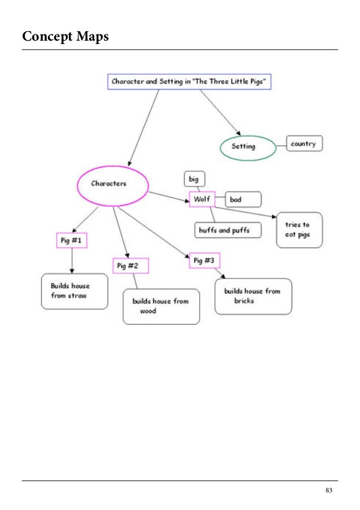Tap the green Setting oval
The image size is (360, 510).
(x=247, y=146)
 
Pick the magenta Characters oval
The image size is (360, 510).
(x=112, y=184)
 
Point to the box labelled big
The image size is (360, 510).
(x=194, y=180)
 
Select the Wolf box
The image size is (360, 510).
(x=202, y=199)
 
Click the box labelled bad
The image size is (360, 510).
(x=243, y=199)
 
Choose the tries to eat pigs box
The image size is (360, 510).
(x=299, y=230)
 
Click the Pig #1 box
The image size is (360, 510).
(x=72, y=241)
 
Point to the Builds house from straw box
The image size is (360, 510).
(x=74, y=291)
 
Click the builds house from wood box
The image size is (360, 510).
(x=161, y=307)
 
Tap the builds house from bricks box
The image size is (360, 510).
(x=253, y=296)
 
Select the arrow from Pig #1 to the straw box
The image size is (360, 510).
(x=72, y=260)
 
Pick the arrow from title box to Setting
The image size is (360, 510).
(x=220, y=111)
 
